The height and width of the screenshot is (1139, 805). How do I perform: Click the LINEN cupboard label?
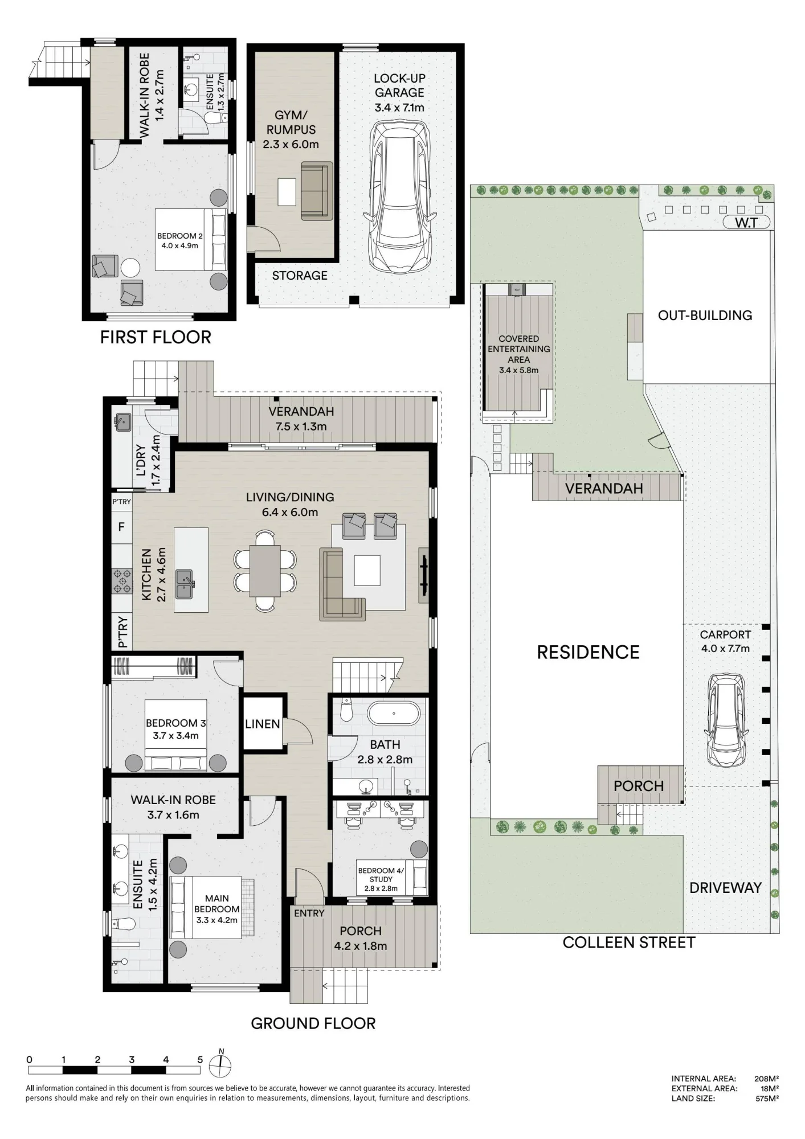[x=263, y=724]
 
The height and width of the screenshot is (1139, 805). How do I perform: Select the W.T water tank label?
[x=746, y=223]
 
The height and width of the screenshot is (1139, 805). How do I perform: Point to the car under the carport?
[x=725, y=720]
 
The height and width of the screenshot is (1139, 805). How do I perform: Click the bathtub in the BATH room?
[x=393, y=713]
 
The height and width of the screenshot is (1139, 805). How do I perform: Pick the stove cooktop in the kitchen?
[x=122, y=581]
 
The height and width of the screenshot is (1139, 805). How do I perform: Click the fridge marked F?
[x=121, y=527]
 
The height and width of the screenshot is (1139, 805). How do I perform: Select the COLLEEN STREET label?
[x=629, y=943]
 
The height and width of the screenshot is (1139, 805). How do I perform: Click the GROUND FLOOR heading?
[x=313, y=1023]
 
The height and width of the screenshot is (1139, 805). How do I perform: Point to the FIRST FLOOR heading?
[x=156, y=337]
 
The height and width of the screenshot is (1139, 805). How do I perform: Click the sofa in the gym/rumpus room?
[x=317, y=191]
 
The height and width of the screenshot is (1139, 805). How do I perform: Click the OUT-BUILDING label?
[x=705, y=316]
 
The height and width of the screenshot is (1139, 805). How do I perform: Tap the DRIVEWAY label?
[x=725, y=887]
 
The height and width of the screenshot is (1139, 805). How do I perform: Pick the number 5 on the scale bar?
[x=200, y=1060]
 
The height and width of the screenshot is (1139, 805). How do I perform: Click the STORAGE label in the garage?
[x=300, y=276]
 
